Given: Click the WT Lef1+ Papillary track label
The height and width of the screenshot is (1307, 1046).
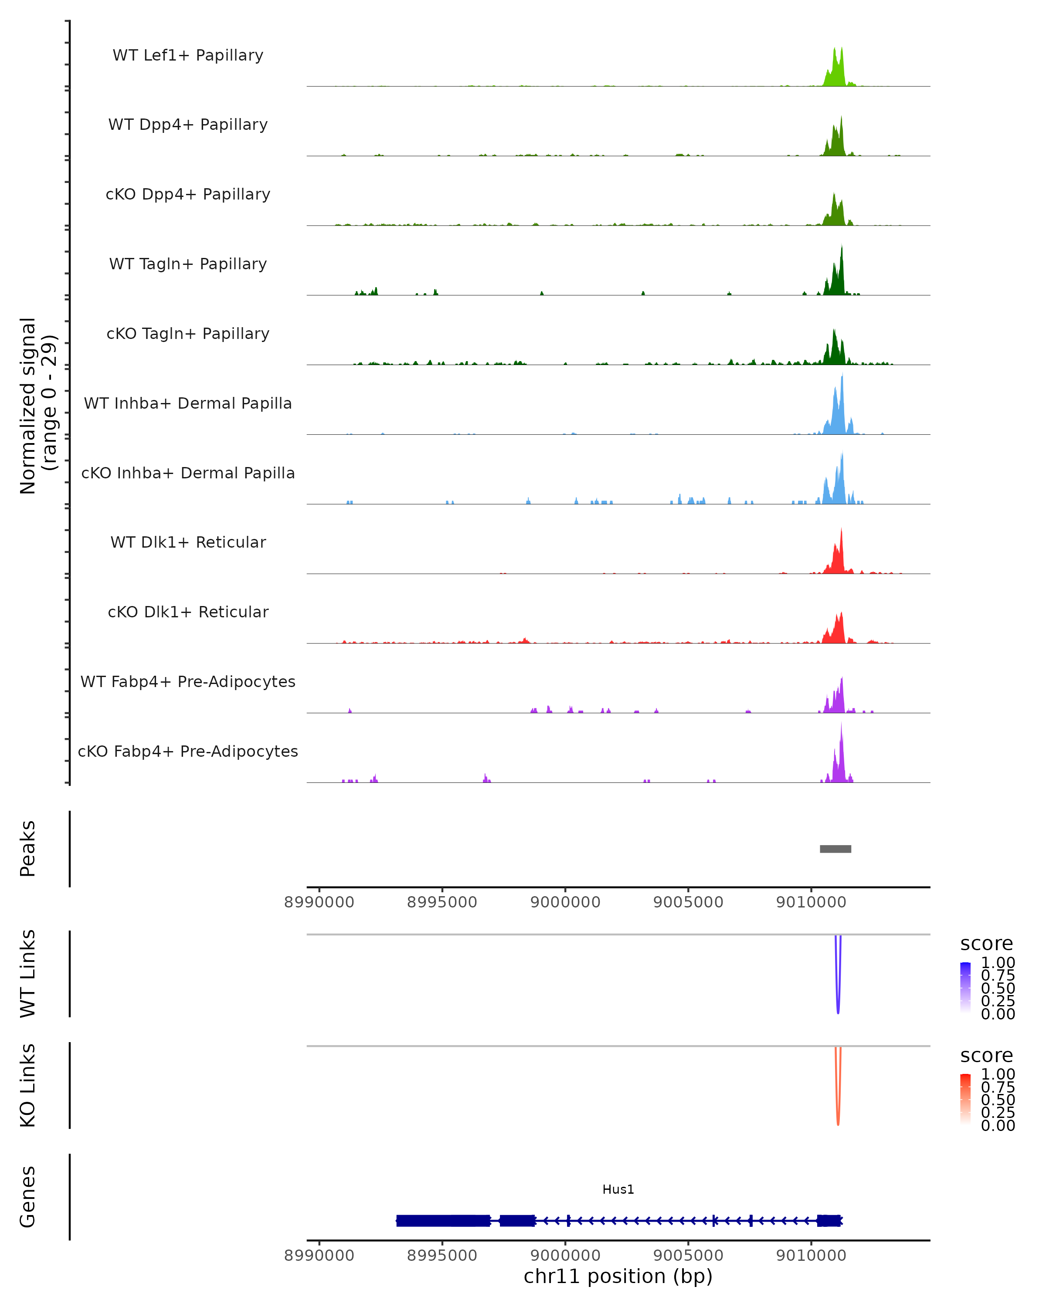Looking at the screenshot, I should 188,55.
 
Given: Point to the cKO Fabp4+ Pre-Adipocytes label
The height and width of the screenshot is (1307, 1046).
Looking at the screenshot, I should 188,751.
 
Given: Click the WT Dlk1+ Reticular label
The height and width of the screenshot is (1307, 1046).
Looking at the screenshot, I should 188,542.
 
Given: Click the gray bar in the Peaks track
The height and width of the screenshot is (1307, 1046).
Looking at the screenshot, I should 835,849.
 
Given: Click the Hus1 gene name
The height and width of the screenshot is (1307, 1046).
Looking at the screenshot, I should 618,1189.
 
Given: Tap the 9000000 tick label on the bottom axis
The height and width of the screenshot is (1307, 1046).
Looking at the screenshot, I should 565,1256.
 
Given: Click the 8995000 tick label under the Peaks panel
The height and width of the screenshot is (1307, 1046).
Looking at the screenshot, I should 442,902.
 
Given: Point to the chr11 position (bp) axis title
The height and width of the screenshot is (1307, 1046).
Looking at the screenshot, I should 618,1277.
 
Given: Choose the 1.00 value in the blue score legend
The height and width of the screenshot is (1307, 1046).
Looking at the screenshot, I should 998,963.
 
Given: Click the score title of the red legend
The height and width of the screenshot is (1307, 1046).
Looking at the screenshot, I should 986,1056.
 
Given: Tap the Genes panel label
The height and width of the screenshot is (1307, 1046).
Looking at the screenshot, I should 28,1197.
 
